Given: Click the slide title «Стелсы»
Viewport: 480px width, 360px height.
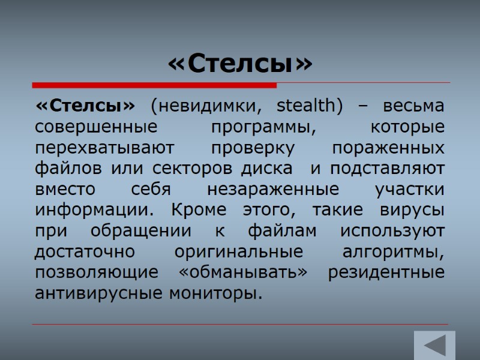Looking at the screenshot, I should (240, 64).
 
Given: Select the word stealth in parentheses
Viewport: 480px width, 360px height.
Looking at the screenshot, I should (310, 107).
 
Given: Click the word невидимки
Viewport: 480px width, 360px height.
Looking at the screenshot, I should (206, 107).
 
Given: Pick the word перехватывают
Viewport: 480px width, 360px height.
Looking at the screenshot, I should (105, 148).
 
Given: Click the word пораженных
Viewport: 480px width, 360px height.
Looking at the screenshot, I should (388, 148).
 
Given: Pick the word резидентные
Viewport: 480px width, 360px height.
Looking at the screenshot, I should (387, 274).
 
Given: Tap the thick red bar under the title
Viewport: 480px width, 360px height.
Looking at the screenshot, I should (155, 85).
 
